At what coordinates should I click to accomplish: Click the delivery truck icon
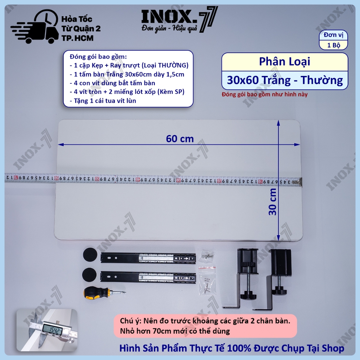[x=34, y=27]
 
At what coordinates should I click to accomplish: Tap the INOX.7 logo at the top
[x=179, y=20]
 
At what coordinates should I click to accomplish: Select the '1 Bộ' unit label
[x=334, y=45]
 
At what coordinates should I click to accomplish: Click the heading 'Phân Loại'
[x=284, y=62]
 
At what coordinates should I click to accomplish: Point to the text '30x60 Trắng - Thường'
[x=285, y=80]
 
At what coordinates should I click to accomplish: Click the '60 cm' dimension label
[x=180, y=139]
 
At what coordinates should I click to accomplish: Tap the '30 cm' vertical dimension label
[x=272, y=202]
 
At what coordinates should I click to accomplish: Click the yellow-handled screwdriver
[x=104, y=293]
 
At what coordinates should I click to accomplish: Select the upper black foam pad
[x=90, y=255]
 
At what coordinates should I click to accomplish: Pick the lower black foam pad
[x=89, y=275]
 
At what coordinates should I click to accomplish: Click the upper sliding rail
[x=148, y=258]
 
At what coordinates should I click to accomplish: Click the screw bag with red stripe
[x=207, y=281]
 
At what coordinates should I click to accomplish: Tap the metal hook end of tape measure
[x=299, y=182]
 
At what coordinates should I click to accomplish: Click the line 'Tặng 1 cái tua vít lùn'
[x=103, y=101]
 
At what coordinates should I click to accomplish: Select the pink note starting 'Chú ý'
[x=205, y=326]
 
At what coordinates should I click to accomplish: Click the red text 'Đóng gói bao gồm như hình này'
[x=265, y=94]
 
